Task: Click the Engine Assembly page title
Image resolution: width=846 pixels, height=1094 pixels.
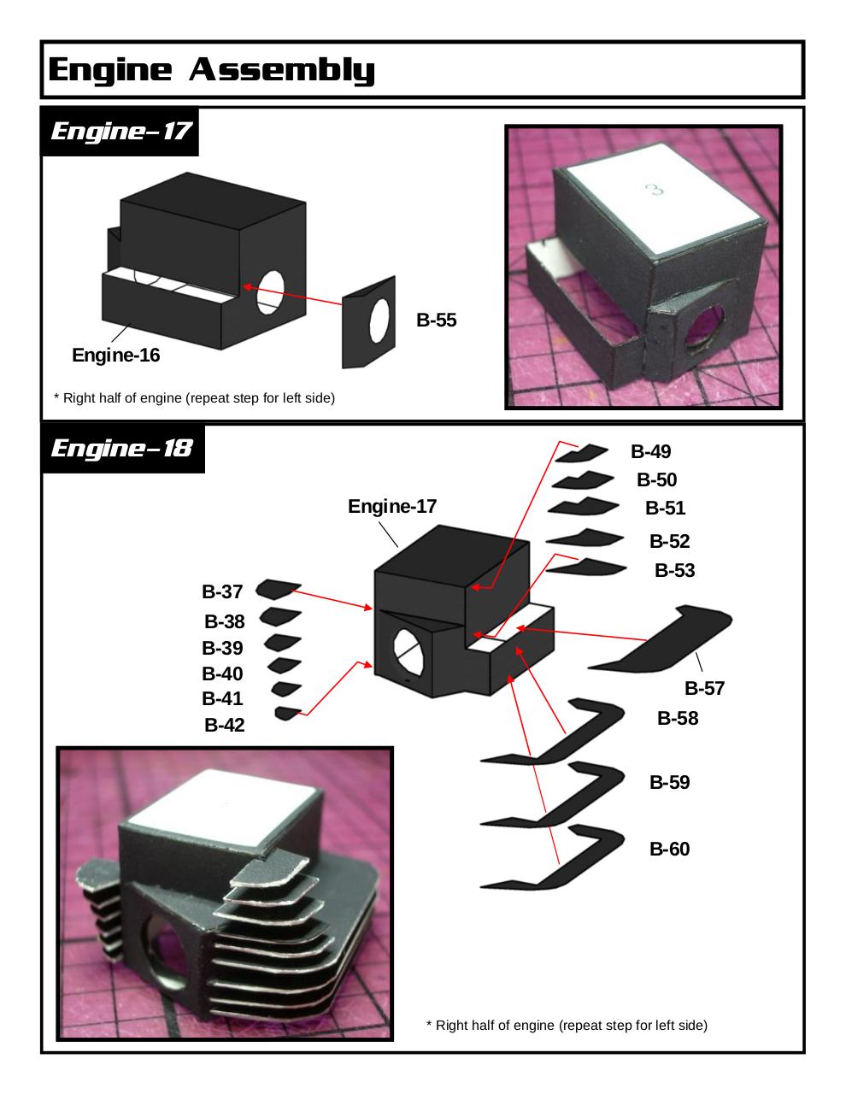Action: (211, 69)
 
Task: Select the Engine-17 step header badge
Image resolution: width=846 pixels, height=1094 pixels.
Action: (120, 132)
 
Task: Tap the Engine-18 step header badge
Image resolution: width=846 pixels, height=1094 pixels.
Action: (121, 448)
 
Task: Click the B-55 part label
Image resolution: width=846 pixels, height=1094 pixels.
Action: (437, 321)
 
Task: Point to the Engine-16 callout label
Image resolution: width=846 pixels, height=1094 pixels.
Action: (115, 355)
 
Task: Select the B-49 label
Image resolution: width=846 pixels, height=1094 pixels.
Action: (651, 451)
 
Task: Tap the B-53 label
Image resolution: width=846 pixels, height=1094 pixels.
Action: (674, 570)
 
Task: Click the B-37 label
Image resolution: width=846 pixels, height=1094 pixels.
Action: (222, 591)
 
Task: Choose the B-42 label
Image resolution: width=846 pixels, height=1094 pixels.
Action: (225, 726)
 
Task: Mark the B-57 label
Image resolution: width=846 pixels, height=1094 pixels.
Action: (704, 688)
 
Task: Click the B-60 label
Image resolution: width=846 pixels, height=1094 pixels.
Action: (669, 849)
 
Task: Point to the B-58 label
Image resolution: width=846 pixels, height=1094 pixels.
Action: (678, 719)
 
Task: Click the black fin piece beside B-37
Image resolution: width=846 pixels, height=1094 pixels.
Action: (276, 588)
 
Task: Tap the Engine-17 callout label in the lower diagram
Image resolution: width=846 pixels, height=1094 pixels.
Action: (392, 506)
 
